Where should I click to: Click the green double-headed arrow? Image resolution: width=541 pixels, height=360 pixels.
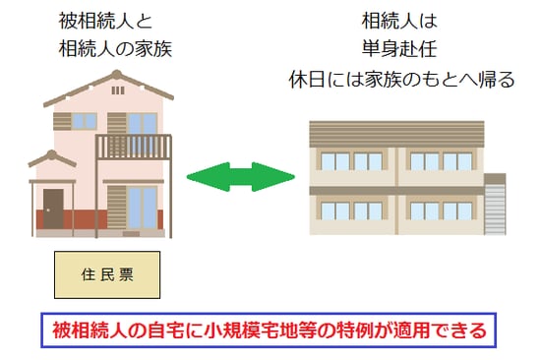tap(241, 178)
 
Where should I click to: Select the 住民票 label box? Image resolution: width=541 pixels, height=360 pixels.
tap(105, 276)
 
